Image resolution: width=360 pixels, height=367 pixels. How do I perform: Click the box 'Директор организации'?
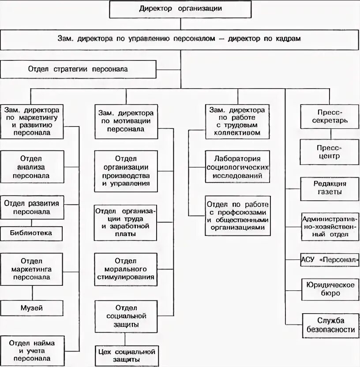(180, 9)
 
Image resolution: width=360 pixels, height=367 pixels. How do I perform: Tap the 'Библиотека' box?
(31, 232)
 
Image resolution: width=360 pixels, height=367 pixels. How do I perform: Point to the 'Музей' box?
(31, 308)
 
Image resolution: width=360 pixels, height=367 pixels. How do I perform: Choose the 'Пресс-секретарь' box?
(329, 116)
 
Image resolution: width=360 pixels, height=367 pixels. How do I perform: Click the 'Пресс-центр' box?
(329, 152)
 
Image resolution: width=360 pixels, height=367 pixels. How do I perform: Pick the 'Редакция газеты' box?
(329, 188)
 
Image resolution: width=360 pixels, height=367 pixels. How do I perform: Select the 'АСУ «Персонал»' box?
(329, 260)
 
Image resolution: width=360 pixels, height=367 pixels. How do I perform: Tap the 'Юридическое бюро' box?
(329, 289)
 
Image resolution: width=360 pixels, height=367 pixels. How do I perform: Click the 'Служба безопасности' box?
(330, 325)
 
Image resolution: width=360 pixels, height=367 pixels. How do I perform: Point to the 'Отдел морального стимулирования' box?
(126, 269)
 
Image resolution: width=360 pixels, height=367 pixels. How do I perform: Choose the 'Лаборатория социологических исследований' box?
(238, 167)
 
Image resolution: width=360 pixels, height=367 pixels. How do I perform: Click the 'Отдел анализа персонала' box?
(31, 167)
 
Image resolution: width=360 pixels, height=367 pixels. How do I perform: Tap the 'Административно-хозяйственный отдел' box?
(329, 226)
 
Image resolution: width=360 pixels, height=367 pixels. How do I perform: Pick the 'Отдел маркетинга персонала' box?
(31, 269)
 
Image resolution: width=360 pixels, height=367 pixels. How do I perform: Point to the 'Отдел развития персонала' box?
(31, 207)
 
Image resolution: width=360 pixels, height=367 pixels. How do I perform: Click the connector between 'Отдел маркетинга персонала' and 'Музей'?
(31, 292)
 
